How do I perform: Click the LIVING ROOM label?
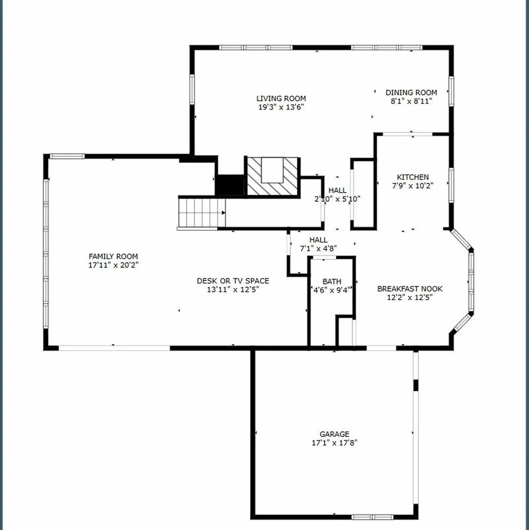(281, 98)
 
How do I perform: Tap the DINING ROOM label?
(412, 92)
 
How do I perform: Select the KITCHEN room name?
(413, 177)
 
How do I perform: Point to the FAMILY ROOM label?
(113, 256)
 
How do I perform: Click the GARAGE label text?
(334, 434)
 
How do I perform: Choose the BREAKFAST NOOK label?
(409, 289)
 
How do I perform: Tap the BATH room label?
(332, 281)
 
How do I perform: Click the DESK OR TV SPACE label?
(233, 281)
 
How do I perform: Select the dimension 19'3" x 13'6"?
(281, 107)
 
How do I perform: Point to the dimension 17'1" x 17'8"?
(334, 443)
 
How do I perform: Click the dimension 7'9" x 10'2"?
(413, 186)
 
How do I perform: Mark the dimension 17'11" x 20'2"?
(113, 265)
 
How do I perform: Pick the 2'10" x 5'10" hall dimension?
(337, 199)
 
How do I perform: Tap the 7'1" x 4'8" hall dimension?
(318, 248)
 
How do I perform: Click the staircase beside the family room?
(202, 213)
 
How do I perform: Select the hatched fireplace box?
(272, 176)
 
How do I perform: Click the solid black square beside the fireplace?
(230, 185)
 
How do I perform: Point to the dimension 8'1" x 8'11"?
(412, 101)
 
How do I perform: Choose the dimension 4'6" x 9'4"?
(332, 290)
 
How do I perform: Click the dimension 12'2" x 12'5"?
(409, 298)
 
